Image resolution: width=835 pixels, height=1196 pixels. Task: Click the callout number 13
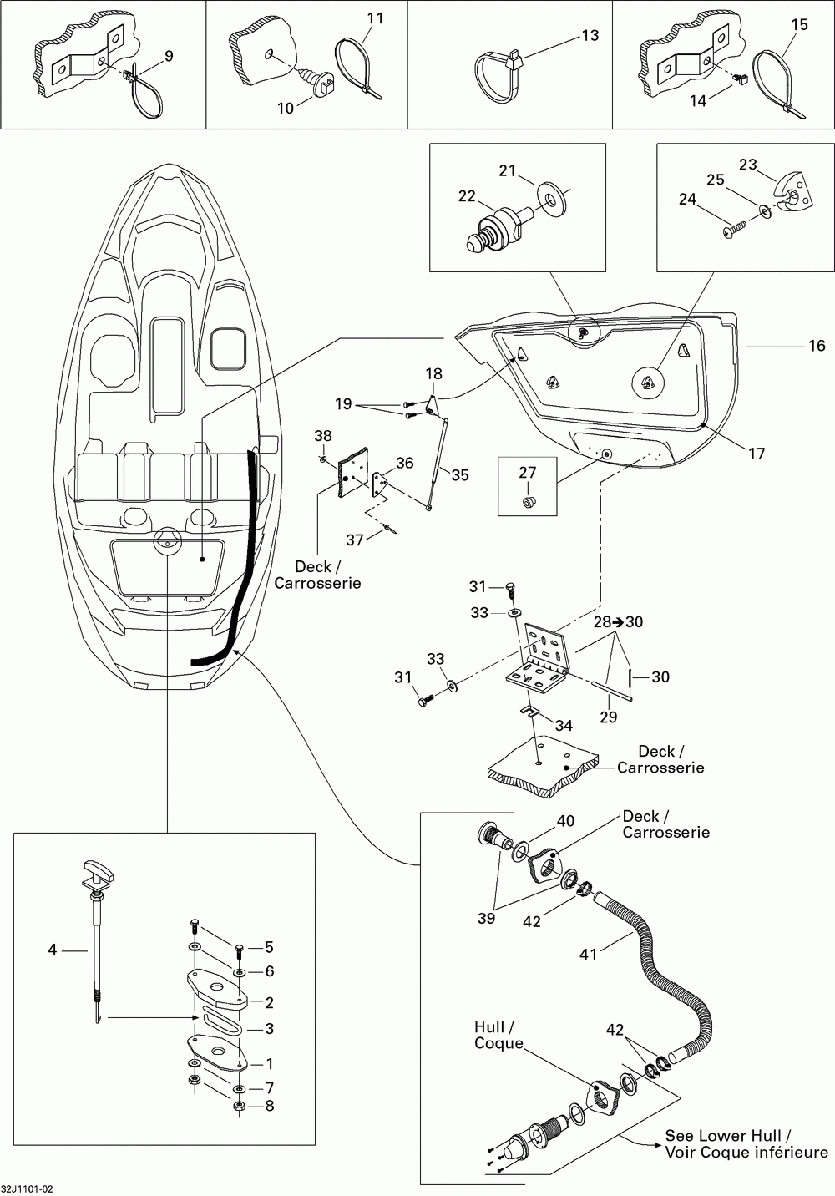pos(590,35)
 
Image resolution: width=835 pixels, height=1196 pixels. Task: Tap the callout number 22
pos(467,196)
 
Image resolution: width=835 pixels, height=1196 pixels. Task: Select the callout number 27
pos(527,473)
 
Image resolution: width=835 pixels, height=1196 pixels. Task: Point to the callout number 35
pos(460,474)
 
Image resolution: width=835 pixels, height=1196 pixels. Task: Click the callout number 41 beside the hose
pos(589,954)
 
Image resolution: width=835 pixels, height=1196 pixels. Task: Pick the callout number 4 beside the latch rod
pos(53,950)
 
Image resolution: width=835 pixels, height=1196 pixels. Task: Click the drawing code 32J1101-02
pos(27,1189)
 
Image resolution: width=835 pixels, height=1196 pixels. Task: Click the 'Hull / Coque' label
pos(498,1035)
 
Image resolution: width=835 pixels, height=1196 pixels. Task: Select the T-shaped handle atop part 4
pos(99,871)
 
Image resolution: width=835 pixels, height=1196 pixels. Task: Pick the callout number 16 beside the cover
pos(817,346)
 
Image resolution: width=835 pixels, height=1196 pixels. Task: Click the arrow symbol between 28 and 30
pos(619,622)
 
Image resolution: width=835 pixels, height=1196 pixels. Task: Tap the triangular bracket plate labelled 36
pos(380,484)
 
